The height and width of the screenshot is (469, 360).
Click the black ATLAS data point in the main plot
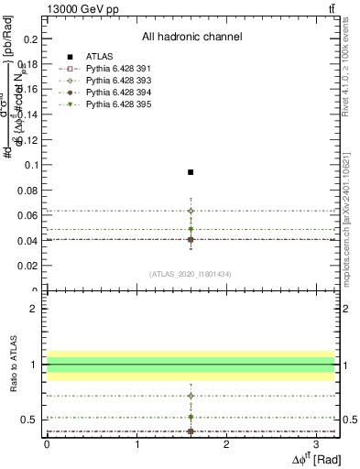[x=191, y=172]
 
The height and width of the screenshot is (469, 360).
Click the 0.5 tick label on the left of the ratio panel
[x=32, y=420]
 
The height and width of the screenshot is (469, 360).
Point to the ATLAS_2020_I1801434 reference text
[x=191, y=274]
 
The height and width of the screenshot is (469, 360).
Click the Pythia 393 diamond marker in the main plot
[x=191, y=211]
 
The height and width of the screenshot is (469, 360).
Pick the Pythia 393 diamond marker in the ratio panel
[x=191, y=396]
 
